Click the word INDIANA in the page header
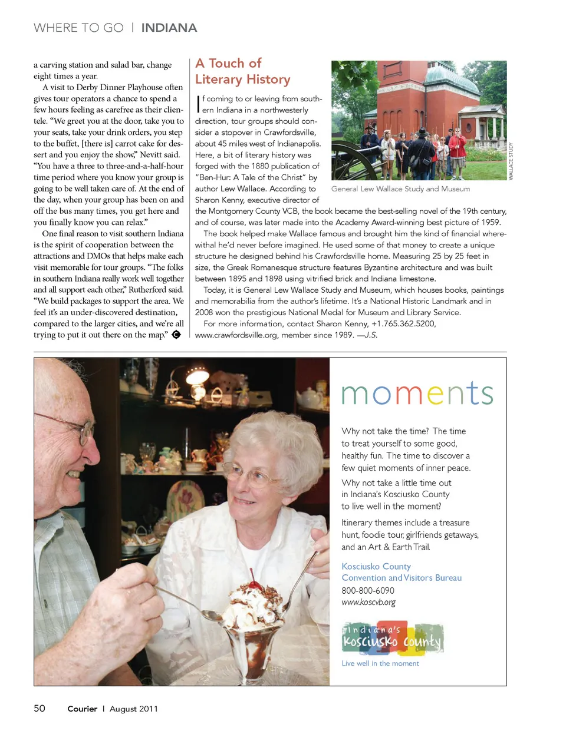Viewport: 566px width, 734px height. tap(169, 28)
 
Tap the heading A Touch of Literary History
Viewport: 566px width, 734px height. tap(242, 71)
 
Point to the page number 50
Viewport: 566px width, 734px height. tap(40, 708)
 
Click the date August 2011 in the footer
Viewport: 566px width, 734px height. tap(134, 709)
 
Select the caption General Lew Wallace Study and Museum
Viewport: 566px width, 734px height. tap(400, 189)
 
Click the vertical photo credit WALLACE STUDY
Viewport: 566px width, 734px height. tap(511, 161)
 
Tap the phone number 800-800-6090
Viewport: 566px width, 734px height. tap(368, 590)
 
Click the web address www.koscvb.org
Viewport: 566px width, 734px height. tap(368, 602)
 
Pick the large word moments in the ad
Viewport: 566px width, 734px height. tap(417, 394)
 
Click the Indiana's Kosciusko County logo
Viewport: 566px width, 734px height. tap(392, 638)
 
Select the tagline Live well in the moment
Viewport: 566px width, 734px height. tap(380, 663)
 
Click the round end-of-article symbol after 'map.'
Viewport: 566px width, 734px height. tap(176, 335)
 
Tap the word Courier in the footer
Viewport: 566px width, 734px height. tap(82, 709)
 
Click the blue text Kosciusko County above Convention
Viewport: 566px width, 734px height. tap(376, 566)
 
